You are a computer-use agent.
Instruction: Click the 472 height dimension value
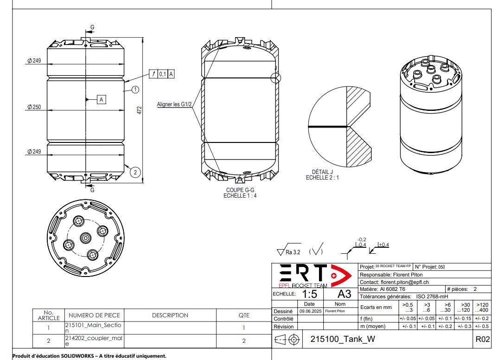coord(139,110)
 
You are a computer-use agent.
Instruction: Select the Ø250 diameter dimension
coord(34,107)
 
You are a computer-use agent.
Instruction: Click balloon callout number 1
coord(135,89)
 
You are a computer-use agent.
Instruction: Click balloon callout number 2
coord(135,172)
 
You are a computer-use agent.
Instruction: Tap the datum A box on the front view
coord(102,99)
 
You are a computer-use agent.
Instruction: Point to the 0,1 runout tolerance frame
coord(162,74)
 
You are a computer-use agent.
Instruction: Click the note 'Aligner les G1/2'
coord(174,104)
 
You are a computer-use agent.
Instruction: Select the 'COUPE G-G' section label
coord(240,190)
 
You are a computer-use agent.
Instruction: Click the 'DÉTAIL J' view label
coord(322,172)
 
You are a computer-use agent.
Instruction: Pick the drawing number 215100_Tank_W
coord(342,339)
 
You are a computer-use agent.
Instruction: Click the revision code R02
coord(482,339)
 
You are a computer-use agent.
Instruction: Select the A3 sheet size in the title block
coord(344,294)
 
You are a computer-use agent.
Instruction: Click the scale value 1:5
coord(310,294)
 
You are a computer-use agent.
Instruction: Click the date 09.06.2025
coord(309,311)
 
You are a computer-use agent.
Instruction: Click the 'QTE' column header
coord(244,315)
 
